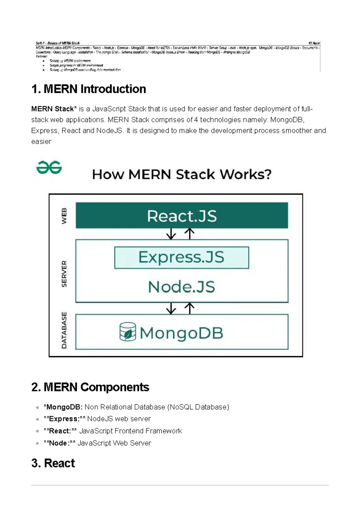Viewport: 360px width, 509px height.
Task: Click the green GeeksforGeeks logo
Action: pyautogui.click(x=49, y=167)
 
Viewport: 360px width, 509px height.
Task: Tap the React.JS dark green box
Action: pyautogui.click(x=182, y=215)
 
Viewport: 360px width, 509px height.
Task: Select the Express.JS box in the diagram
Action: pyautogui.click(x=181, y=257)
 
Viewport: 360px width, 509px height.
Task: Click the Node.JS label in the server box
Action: pyautogui.click(x=181, y=287)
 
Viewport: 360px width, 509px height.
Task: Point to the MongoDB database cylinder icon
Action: pyautogui.click(x=128, y=332)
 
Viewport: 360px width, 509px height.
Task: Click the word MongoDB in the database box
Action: pyautogui.click(x=181, y=333)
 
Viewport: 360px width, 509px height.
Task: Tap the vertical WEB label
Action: pyautogui.click(x=64, y=216)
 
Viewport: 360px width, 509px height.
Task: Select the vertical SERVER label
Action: pyautogui.click(x=64, y=274)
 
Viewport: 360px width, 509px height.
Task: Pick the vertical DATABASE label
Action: pyautogui.click(x=64, y=330)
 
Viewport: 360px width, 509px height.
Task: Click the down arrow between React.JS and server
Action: pyautogui.click(x=171, y=234)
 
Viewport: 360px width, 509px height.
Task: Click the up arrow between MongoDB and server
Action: pyautogui.click(x=190, y=308)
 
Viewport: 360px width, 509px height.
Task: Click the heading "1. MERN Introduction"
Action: pyautogui.click(x=88, y=89)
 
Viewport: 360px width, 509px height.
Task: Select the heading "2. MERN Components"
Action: pyautogui.click(x=90, y=387)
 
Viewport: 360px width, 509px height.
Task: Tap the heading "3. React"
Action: pyautogui.click(x=53, y=463)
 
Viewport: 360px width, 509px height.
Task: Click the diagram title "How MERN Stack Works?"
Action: pyautogui.click(x=182, y=174)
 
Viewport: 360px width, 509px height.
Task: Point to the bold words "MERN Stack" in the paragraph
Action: pyautogui.click(x=52, y=109)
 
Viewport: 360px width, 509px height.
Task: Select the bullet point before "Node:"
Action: pyautogui.click(x=37, y=443)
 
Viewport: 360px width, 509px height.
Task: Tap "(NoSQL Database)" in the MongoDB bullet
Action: pyautogui.click(x=198, y=407)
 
